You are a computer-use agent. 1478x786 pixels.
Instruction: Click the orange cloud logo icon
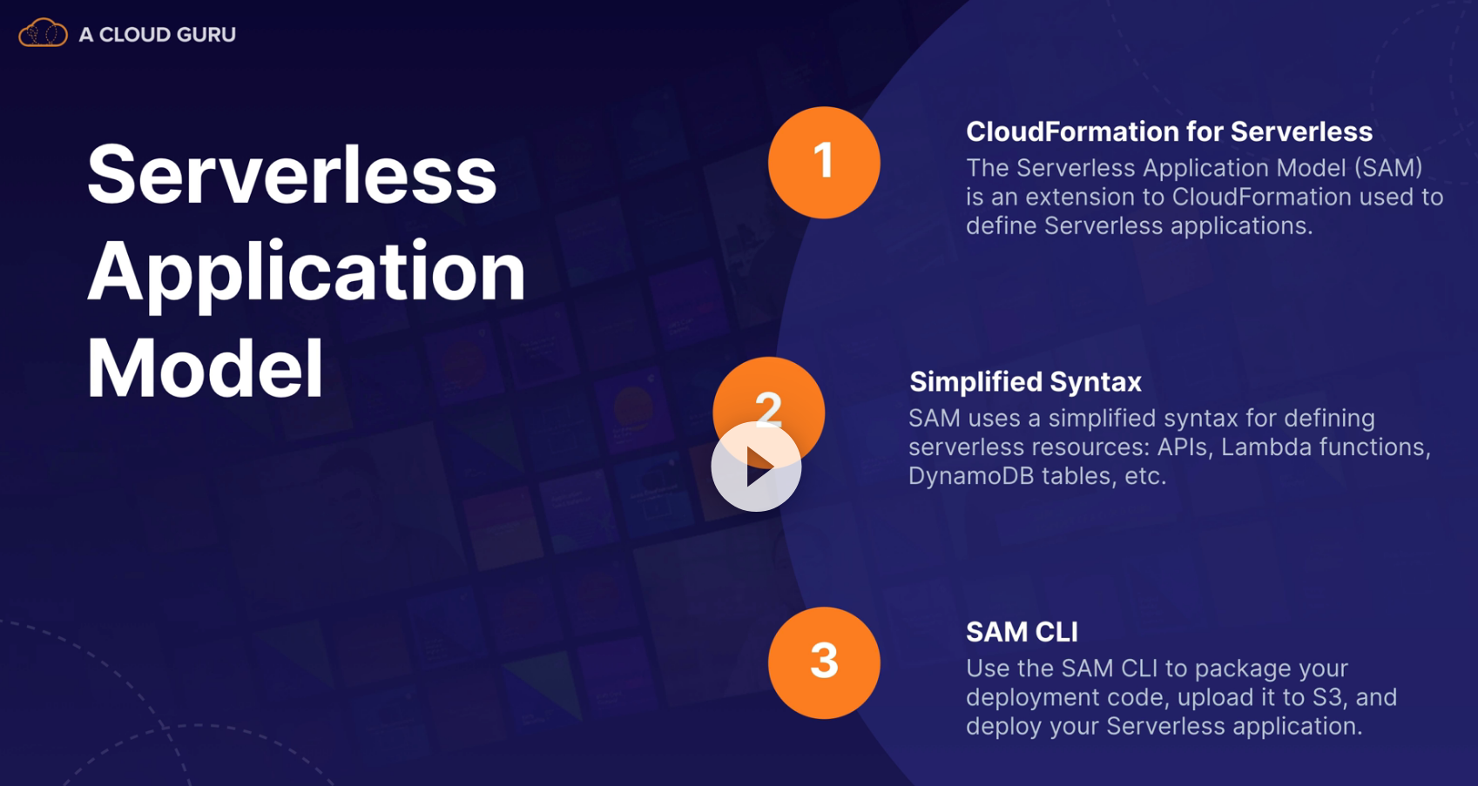click(43, 32)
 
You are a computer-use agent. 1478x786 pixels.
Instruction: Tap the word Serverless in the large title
click(292, 175)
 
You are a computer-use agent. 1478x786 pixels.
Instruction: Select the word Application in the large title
click(307, 273)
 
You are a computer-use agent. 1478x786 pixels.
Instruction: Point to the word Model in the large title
click(206, 367)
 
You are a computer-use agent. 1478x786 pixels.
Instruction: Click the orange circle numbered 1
click(824, 162)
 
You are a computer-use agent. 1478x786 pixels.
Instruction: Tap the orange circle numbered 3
click(824, 662)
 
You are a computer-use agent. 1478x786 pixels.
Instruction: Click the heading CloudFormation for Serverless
click(1169, 132)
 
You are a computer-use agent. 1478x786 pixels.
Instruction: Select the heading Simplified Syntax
click(1025, 382)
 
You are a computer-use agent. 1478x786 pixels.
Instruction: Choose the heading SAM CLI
click(1022, 632)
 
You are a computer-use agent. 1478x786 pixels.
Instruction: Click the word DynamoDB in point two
click(971, 476)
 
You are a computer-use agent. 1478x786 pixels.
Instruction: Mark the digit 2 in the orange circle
click(769, 409)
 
